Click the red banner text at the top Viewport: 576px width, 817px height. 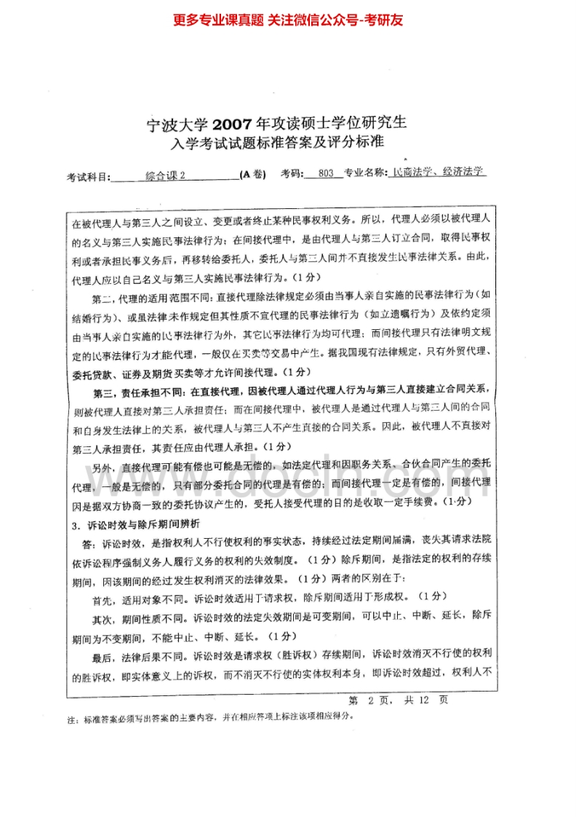click(288, 20)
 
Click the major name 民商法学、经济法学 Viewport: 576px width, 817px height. click(439, 173)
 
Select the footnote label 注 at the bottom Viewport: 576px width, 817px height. click(71, 717)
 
